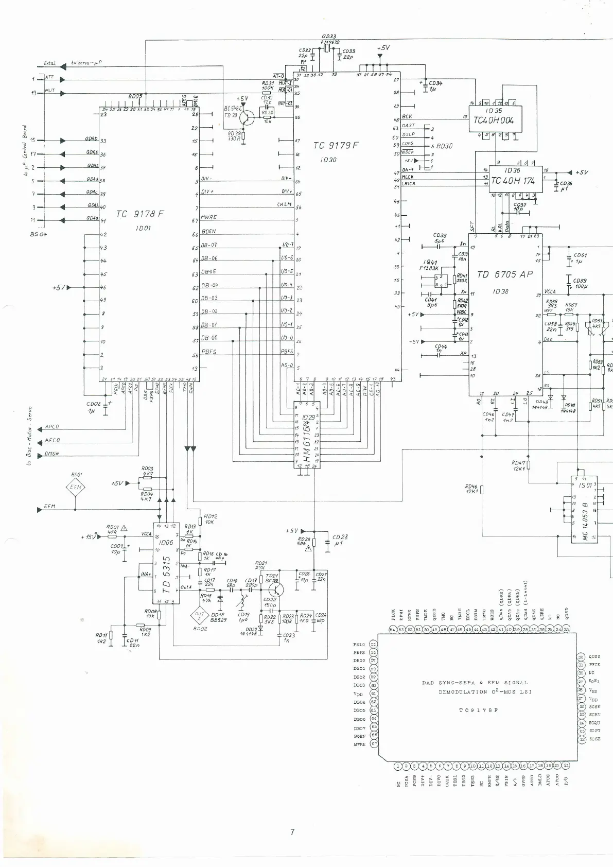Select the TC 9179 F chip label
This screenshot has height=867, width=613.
click(335, 146)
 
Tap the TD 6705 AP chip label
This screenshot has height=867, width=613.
click(504, 274)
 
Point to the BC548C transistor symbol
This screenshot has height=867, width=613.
click(247, 117)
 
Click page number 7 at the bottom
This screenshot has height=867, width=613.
click(292, 832)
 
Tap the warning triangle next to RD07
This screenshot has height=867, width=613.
click(124, 528)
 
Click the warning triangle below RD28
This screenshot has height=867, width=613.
click(308, 549)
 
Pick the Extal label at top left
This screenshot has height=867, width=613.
click(49, 63)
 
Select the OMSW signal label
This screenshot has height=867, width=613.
click(52, 454)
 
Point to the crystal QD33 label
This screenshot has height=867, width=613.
click(329, 37)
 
